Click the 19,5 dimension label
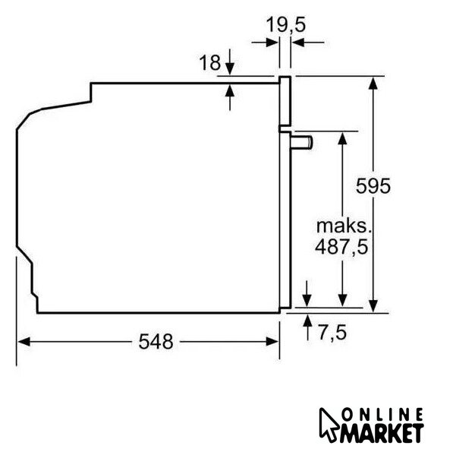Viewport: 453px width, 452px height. pos(285,24)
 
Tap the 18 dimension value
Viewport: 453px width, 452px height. pos(210,62)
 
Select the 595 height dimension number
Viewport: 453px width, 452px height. pos(373,185)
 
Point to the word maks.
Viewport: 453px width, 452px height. pos(344,226)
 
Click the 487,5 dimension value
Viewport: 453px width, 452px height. pos(341,247)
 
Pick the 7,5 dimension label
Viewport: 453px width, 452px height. pos(332,332)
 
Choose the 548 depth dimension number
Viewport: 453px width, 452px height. pos(156,342)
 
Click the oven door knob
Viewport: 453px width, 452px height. pos(301,143)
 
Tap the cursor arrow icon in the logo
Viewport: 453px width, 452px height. pos(329,423)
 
